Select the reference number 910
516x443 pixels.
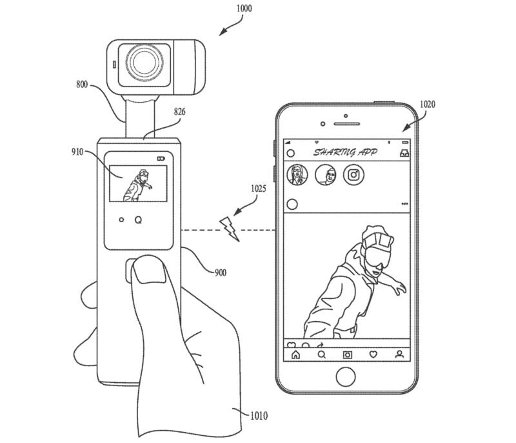tap(79, 153)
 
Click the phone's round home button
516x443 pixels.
tap(347, 377)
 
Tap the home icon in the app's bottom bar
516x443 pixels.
tap(295, 354)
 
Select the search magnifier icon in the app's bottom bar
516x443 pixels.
tap(321, 354)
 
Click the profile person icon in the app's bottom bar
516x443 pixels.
tap(399, 354)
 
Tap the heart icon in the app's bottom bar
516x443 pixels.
tap(373, 354)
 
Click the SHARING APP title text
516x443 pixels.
tap(345, 153)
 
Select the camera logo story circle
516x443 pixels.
tap(354, 174)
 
